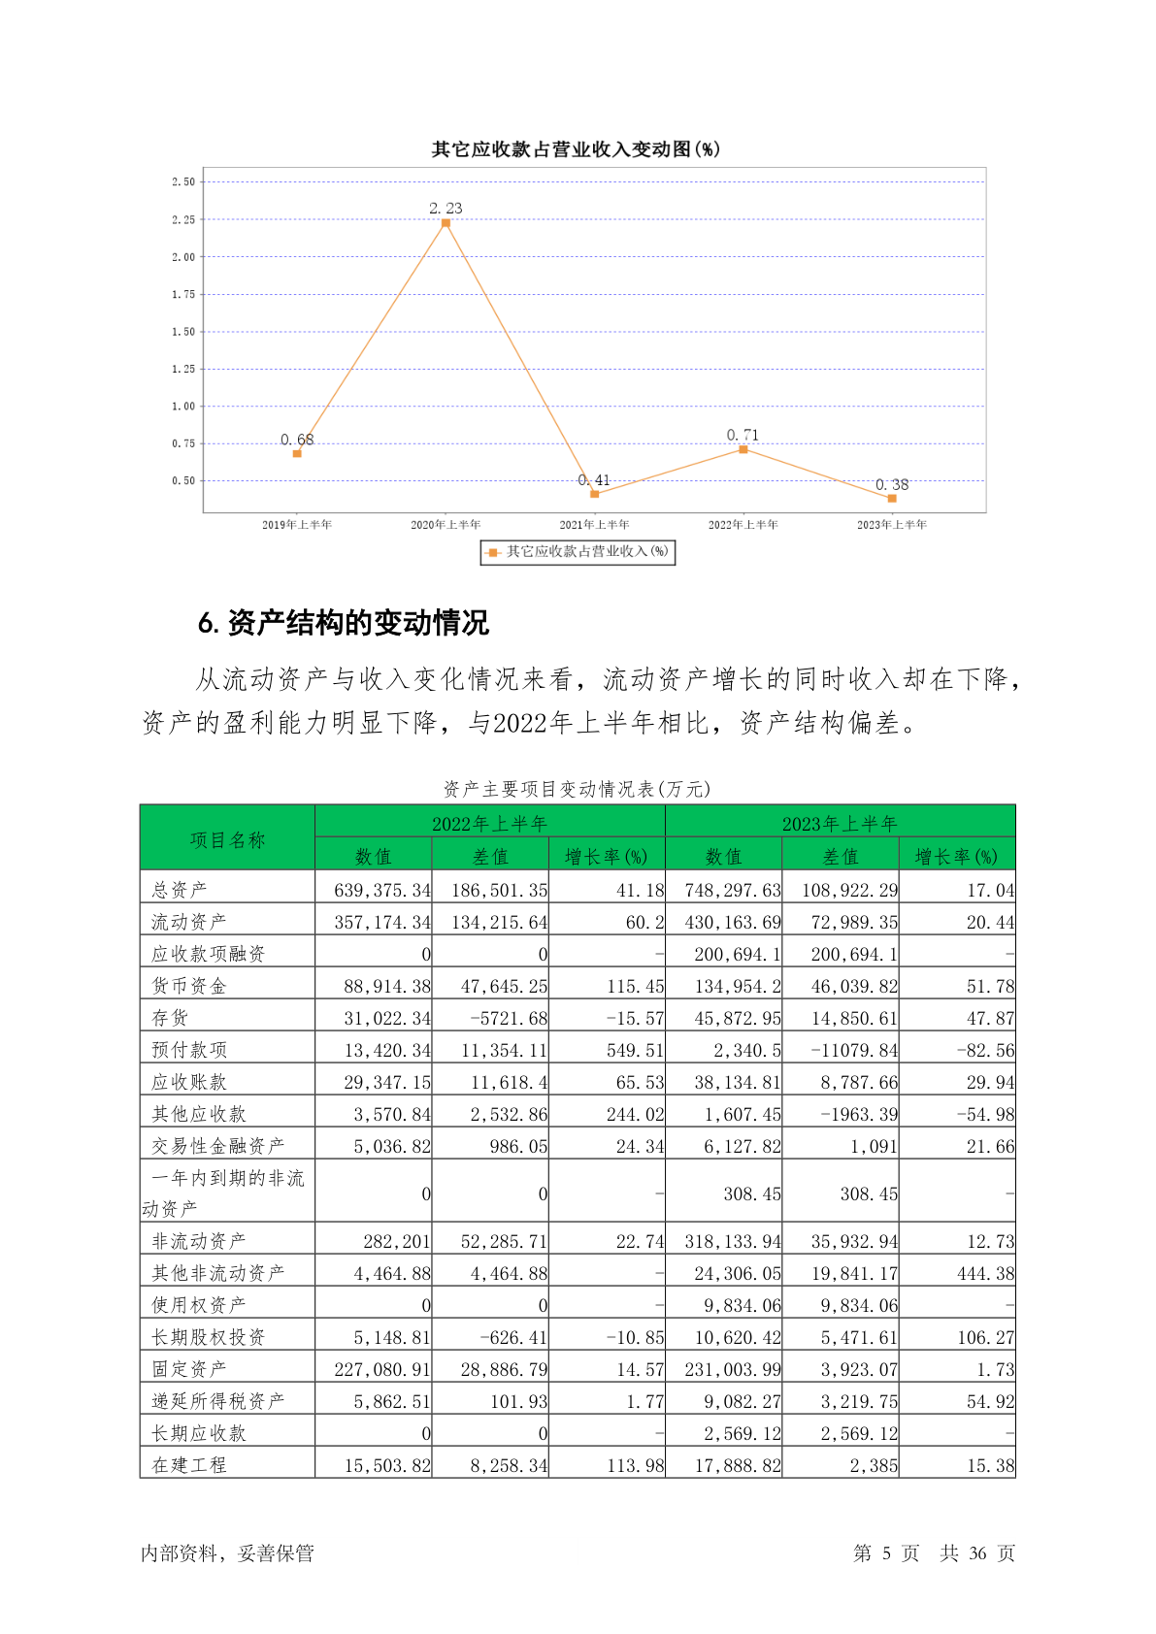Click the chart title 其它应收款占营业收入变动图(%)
pos(576,148)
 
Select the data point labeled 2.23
pos(446,223)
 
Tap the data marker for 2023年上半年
pos(892,498)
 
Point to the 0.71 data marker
pos(743,449)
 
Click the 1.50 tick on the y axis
pos(183,332)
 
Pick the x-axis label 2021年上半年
pos(594,525)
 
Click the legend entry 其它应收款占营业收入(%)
pos(578,552)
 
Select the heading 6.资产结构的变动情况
pos(344,623)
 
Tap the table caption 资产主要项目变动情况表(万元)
pos(578,789)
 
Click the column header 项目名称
pos(227,839)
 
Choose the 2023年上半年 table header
pos(840,824)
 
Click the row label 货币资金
pos(189,986)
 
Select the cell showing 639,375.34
pos(381,890)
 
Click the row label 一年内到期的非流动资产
pos(227,1193)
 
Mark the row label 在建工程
pos(189,1465)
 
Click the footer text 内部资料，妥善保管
pos(227,1553)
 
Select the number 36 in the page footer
pos(977,1553)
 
